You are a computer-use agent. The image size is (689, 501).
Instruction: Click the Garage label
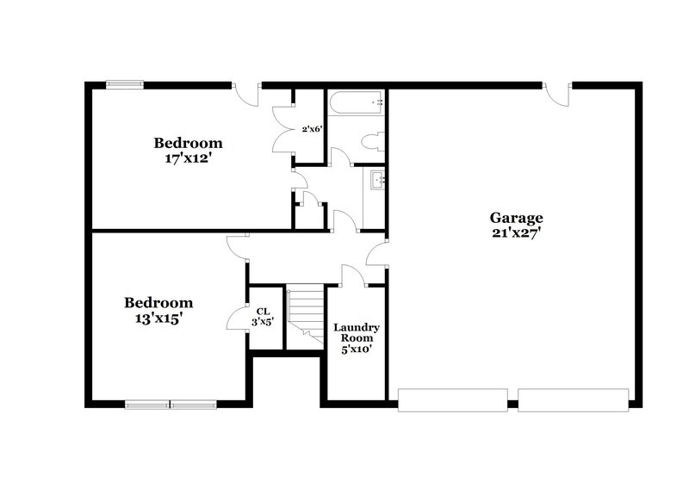pos(516,218)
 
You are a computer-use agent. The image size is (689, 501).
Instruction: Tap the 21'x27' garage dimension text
pos(516,232)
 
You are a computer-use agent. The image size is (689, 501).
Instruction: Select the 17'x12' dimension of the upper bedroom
pos(188,158)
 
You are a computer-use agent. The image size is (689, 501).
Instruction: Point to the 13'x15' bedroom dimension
pos(158,318)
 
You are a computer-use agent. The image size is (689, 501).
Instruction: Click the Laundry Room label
pos(357,333)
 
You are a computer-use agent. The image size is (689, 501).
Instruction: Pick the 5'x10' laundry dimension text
pos(357,349)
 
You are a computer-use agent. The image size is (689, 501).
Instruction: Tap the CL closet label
pos(264,311)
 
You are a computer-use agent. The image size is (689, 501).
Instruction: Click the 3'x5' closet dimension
pos(264,323)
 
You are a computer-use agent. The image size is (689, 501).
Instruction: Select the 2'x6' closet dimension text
pos(311,129)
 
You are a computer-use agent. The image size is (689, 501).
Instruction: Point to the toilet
pos(373,142)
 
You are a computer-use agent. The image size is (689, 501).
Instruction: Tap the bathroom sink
pos(376,180)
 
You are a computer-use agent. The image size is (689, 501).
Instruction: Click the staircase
pos(305,315)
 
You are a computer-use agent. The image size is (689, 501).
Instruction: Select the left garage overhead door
pos(452,399)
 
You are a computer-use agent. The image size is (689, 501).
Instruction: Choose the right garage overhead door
pos(573,399)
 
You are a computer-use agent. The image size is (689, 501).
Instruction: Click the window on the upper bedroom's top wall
pos(125,84)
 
